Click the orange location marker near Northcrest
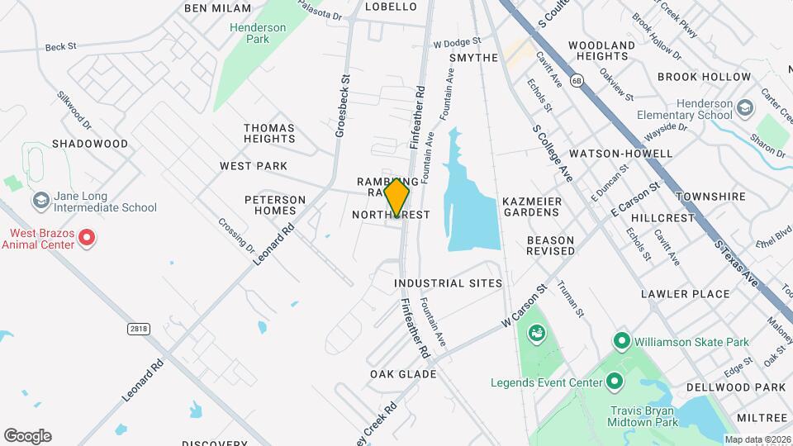pyautogui.click(x=397, y=197)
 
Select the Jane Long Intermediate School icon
pyautogui.click(x=40, y=201)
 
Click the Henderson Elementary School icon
pyautogui.click(x=744, y=108)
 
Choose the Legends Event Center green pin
pyautogui.click(x=614, y=382)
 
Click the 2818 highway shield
pyautogui.click(x=139, y=329)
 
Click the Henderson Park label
pyautogui.click(x=259, y=33)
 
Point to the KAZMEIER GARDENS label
pyautogui.click(x=532, y=206)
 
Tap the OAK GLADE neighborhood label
pyautogui.click(x=403, y=374)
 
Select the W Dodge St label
pyautogui.click(x=457, y=42)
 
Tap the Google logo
pyautogui.click(x=27, y=436)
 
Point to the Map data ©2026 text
pyautogui.click(x=757, y=439)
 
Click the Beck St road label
pyautogui.click(x=60, y=47)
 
